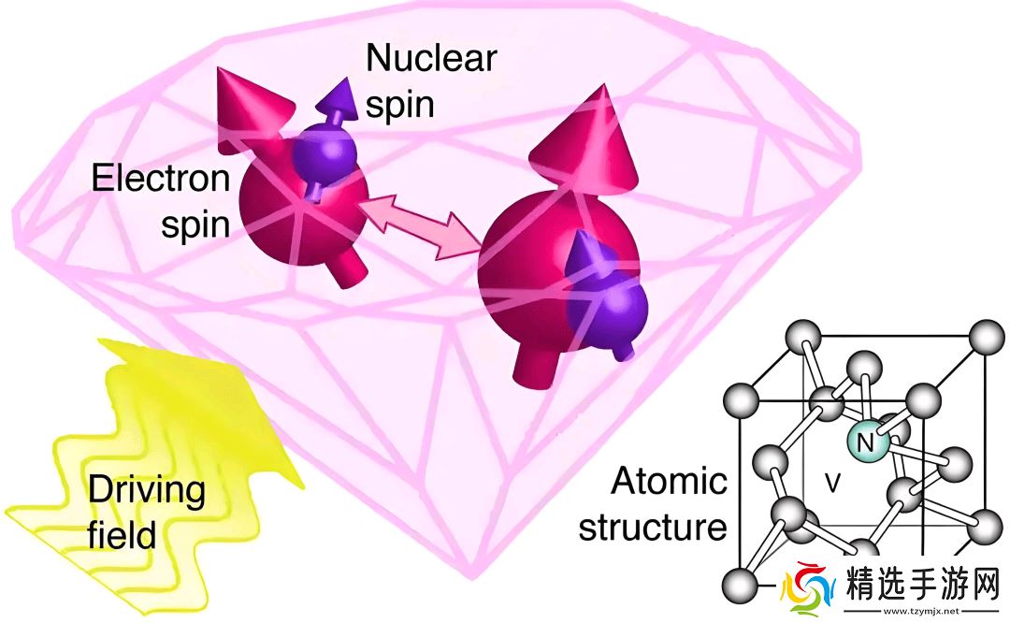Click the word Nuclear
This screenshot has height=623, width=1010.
[431, 58]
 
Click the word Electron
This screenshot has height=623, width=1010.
[161, 178]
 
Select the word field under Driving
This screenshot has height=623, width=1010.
[122, 535]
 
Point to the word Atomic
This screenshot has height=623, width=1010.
[670, 481]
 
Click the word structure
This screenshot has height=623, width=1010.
[653, 527]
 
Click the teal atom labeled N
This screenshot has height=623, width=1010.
[867, 442]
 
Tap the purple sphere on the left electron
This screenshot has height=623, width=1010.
[324, 154]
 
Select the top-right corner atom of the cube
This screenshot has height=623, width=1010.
[987, 336]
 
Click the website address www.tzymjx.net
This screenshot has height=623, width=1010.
[921, 611]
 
